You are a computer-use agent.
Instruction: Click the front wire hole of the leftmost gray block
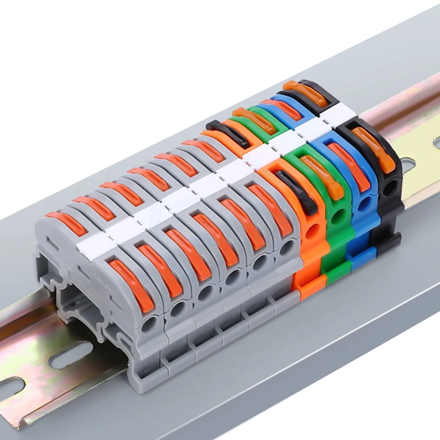point(150,324)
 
